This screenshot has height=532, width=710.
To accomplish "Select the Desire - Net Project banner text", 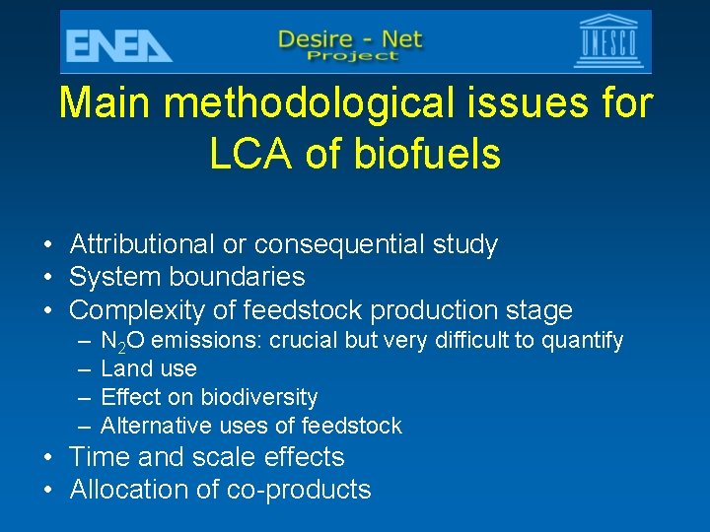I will pyautogui.click(x=350, y=44).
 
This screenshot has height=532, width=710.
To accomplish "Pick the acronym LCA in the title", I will pyautogui.click(x=248, y=154).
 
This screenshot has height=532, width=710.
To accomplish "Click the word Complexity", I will pyautogui.click(x=137, y=310).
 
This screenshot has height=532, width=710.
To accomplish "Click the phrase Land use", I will pyautogui.click(x=149, y=368).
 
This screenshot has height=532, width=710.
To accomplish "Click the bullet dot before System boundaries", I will pyautogui.click(x=47, y=278).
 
